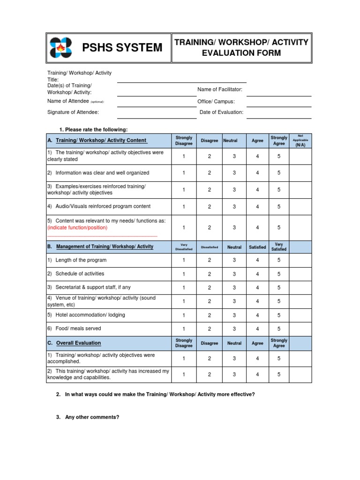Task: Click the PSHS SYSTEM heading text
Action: pyautogui.click(x=122, y=48)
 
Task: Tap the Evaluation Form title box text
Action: pyautogui.click(x=241, y=48)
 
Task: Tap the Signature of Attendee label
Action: pyautogui.click(x=73, y=112)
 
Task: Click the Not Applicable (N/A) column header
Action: pyautogui.click(x=300, y=140)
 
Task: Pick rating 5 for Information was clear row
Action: pyautogui.click(x=279, y=173)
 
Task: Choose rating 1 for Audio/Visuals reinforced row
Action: pyautogui.click(x=184, y=207)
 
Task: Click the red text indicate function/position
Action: pyautogui.click(x=77, y=228)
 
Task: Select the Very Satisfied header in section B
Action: pyautogui.click(x=279, y=247)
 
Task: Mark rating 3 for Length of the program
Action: pyautogui.click(x=234, y=261)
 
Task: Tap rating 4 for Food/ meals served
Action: pyautogui.click(x=257, y=329)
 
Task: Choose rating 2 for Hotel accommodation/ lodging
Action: pyautogui.click(x=210, y=315)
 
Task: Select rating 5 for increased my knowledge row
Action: pyautogui.click(x=279, y=375)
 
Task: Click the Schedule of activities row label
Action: pyautogui.click(x=80, y=274)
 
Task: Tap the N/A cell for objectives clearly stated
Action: pyautogui.click(x=300, y=156)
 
